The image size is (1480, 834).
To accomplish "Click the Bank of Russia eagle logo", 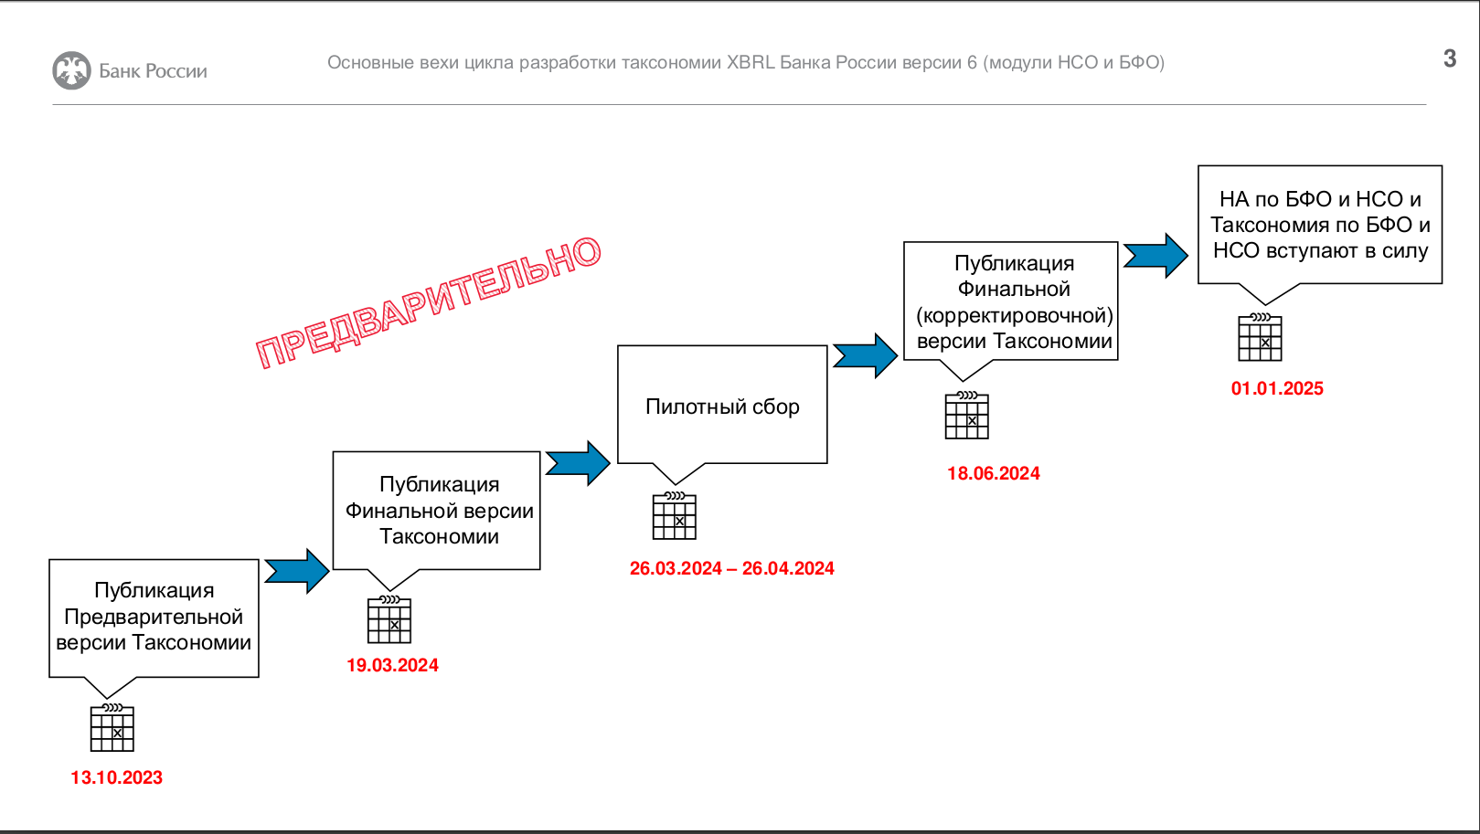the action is click(x=71, y=70).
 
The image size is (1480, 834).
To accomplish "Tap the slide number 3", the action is click(x=1450, y=58).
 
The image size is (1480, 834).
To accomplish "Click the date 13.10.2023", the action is click(x=116, y=778).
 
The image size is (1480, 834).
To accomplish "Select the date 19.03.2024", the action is click(x=392, y=665).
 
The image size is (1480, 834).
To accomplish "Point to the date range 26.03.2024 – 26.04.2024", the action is click(x=731, y=568).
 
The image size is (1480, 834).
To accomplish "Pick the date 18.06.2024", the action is click(x=993, y=473).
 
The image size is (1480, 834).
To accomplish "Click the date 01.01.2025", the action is click(x=1277, y=388).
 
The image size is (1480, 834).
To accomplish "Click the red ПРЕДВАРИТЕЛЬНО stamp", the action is click(x=428, y=301).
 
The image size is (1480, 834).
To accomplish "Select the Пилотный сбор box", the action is click(x=722, y=405).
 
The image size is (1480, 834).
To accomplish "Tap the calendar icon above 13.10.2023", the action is click(x=112, y=728).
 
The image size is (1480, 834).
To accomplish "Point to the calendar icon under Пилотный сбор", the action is click(x=674, y=516).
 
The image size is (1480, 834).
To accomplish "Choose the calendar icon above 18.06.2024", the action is click(x=966, y=416).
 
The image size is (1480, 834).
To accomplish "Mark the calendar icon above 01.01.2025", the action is click(x=1260, y=337).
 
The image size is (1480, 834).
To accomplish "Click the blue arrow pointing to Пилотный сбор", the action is click(x=578, y=463).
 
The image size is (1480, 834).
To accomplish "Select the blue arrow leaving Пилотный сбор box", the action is click(x=865, y=356).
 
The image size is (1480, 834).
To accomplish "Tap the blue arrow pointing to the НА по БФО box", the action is click(x=1155, y=256).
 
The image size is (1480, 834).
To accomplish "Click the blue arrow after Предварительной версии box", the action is click(x=297, y=571).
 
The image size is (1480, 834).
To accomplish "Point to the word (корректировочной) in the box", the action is click(x=1014, y=316).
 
